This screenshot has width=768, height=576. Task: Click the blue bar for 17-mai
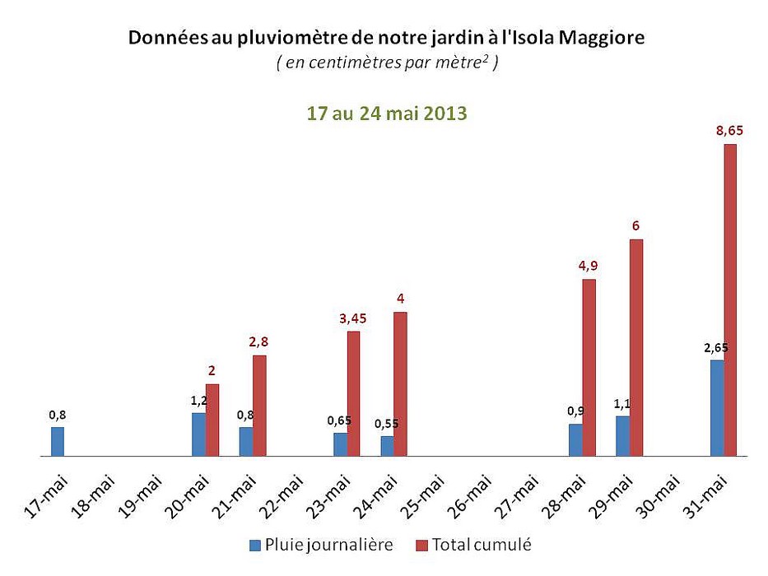pos(58,441)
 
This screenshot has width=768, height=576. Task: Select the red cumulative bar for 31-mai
pos(730,300)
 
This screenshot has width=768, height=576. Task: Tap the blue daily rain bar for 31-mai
pos(717,407)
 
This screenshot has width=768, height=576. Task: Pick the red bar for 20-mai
pos(212,420)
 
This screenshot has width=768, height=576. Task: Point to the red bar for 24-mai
pos(400,383)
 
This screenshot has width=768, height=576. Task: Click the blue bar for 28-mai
pos(575,439)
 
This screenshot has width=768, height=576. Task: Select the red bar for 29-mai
pos(636,347)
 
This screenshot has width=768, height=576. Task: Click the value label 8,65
pos(730,129)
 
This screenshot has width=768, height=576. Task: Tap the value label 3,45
pos(352,318)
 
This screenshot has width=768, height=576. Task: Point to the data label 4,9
pos(589,265)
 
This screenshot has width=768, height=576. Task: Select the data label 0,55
pos(387,424)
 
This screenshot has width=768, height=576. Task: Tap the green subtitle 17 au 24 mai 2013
pos(387,114)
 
